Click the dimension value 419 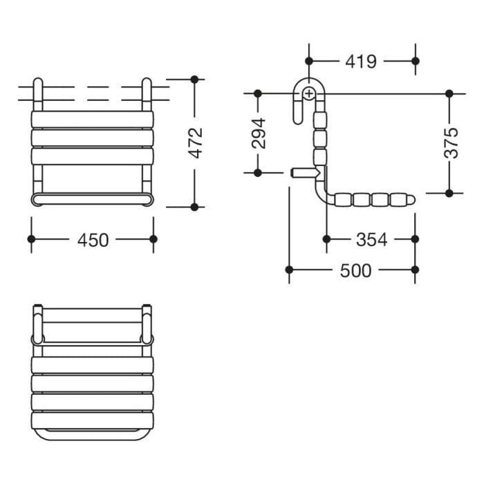[361, 62]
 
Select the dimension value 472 [196, 142]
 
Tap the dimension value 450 [93, 239]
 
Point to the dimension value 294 [258, 133]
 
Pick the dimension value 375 [450, 142]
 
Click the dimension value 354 [371, 239]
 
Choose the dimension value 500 [355, 270]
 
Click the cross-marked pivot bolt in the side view [309, 93]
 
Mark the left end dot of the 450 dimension [31, 239]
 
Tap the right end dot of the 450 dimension [153, 239]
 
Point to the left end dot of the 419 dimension [309, 61]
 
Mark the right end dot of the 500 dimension [415, 270]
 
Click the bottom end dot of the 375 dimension [449, 192]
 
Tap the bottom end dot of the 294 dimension [257, 172]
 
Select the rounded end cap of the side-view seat [411, 201]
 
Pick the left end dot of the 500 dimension [290, 270]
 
